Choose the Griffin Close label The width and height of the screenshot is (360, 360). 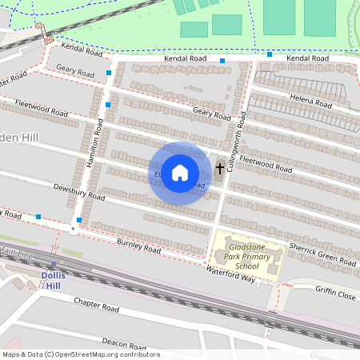tap(334, 293)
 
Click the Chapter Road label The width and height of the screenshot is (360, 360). tap(96, 305)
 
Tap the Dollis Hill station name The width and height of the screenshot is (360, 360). tap(53, 280)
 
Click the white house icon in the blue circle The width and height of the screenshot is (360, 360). tap(180, 171)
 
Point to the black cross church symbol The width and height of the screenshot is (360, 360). tap(220, 169)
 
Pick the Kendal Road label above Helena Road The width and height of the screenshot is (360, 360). tap(308, 58)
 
